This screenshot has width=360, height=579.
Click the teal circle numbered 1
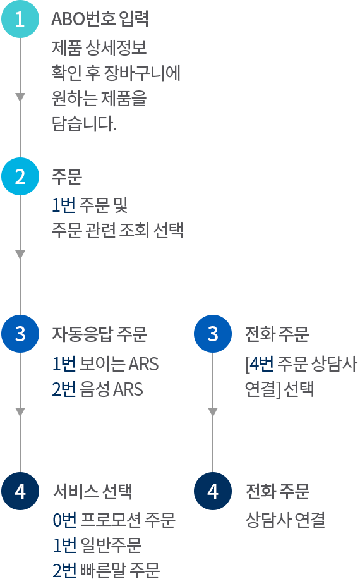(x=20, y=19)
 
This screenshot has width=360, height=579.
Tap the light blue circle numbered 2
(x=20, y=176)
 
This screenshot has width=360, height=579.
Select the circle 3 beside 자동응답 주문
(x=20, y=334)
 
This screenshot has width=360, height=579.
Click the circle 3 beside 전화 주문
(x=213, y=334)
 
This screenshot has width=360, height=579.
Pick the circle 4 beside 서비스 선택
(x=20, y=491)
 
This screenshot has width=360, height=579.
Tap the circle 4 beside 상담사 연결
(x=213, y=491)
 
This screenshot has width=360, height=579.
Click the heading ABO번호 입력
(x=100, y=19)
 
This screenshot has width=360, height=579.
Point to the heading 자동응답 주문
(x=100, y=334)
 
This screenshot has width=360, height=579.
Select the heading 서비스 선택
(x=93, y=491)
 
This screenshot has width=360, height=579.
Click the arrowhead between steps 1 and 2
(x=20, y=97)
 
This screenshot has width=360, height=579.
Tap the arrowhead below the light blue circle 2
(x=20, y=255)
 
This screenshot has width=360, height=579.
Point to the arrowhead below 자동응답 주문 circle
(x=20, y=411)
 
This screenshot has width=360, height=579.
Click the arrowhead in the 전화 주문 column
(x=213, y=411)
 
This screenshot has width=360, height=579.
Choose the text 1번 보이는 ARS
(x=105, y=363)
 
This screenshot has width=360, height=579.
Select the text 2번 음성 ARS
(x=97, y=389)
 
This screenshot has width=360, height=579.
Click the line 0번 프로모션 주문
(x=114, y=520)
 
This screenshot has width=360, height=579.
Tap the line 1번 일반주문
(x=97, y=545)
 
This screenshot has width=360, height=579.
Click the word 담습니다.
(x=84, y=123)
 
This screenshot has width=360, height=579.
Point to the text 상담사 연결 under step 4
(x=285, y=520)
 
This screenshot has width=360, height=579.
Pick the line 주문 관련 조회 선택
(x=117, y=230)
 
